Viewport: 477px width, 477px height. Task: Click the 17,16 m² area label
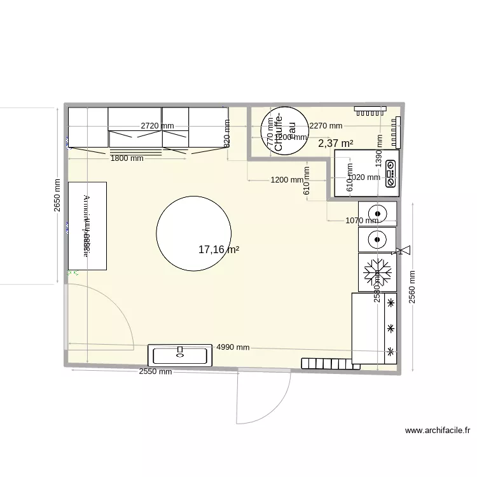point(219,250)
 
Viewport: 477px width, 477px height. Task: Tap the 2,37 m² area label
point(335,144)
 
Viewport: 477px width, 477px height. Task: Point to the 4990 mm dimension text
point(233,347)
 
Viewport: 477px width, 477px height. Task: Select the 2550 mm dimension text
point(155,372)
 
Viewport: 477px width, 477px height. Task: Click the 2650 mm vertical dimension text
point(58,195)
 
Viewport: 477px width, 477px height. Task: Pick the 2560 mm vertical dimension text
point(412,287)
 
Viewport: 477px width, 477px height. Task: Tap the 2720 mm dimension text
point(157,125)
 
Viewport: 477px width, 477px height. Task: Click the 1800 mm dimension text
point(127,158)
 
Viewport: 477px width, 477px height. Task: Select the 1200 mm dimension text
point(287,180)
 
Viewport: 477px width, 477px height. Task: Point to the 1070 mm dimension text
point(363,221)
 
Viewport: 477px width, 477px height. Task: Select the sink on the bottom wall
point(180,355)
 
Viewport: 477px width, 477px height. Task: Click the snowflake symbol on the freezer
point(377,273)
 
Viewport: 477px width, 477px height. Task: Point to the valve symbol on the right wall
point(403,251)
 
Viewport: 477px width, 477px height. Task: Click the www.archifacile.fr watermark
point(438,431)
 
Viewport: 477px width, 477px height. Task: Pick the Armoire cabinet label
point(86,226)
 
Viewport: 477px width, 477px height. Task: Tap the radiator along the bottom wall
point(326,363)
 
